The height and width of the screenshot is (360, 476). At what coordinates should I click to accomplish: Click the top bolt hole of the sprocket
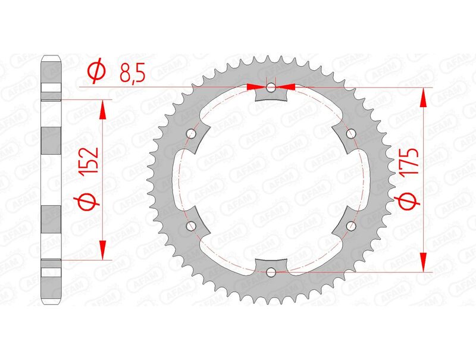coord(271,88)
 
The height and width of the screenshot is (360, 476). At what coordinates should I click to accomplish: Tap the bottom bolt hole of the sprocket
coord(271,273)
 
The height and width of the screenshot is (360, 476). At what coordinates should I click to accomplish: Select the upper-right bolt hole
coord(351,134)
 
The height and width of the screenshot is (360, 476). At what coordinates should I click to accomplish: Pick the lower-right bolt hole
coord(351,226)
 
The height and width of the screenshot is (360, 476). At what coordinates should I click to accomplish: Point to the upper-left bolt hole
coord(191,134)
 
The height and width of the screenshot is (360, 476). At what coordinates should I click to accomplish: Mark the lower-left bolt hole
coord(191,226)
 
